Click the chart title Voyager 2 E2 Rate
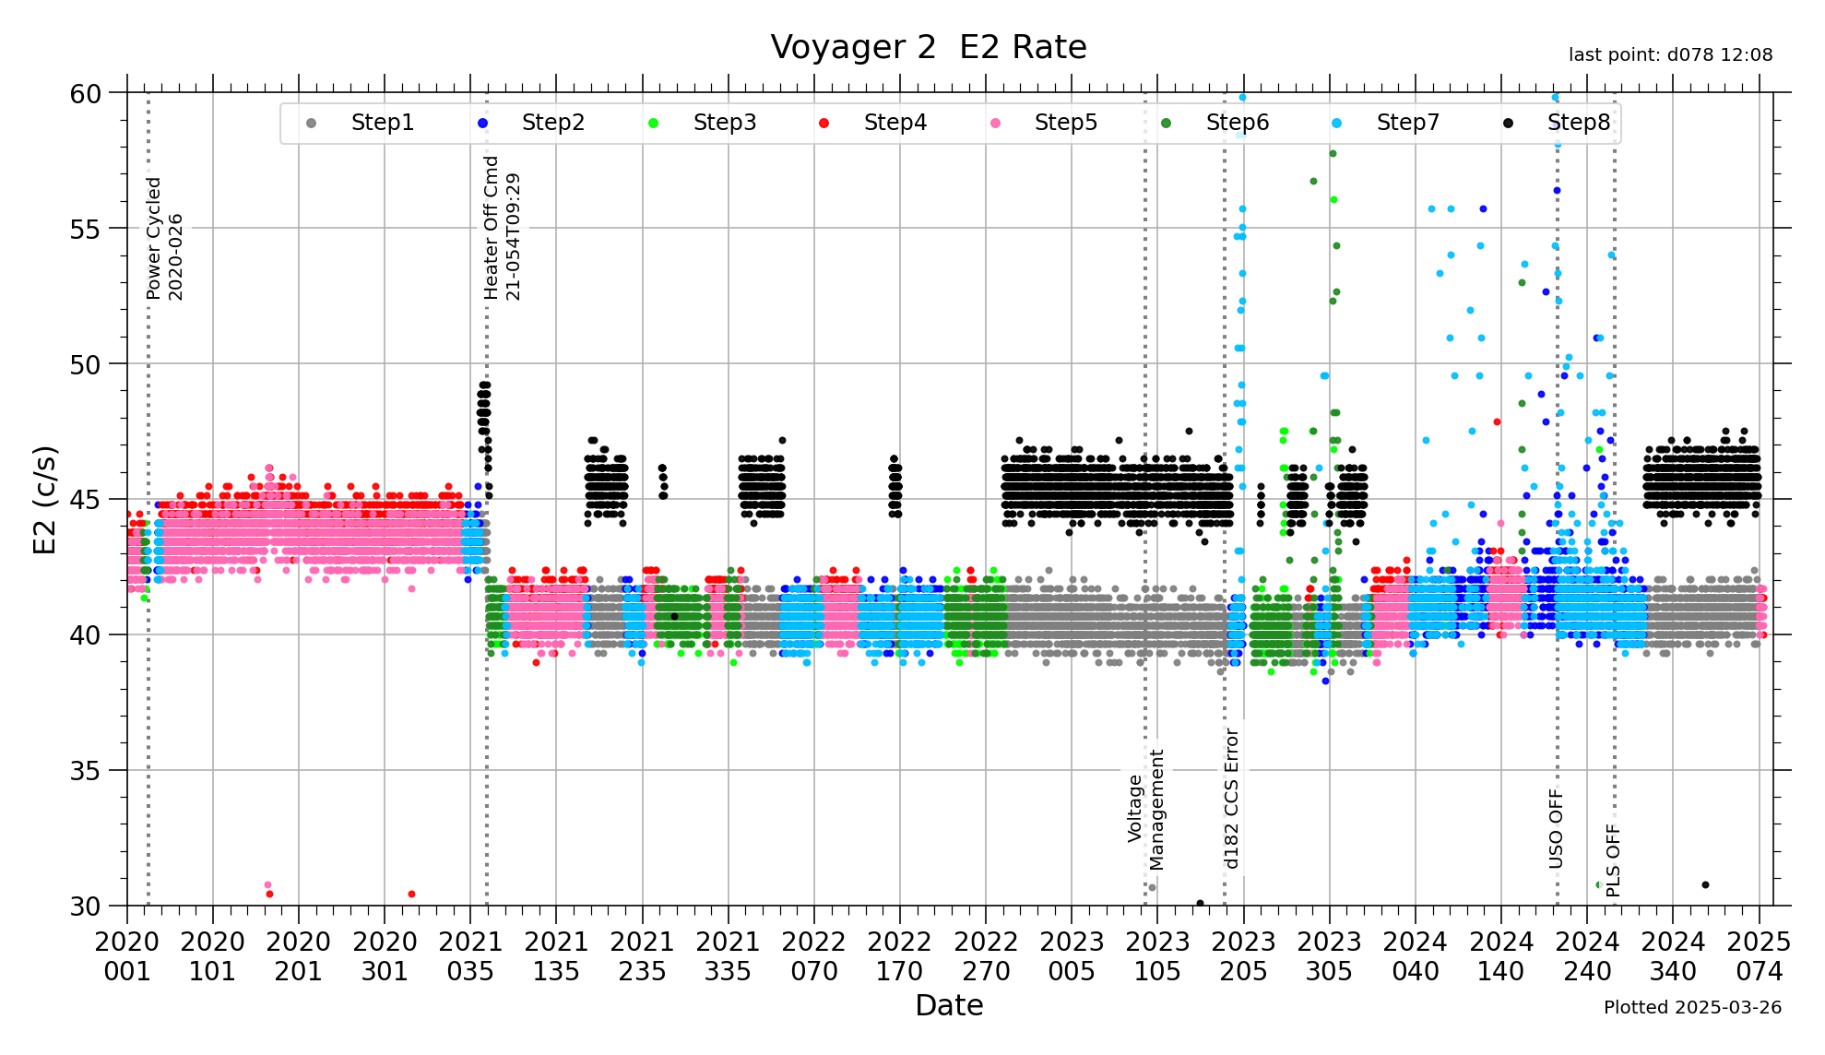click(x=929, y=47)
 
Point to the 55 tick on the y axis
click(x=85, y=229)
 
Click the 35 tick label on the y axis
click(x=85, y=771)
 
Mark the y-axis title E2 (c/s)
click(x=44, y=500)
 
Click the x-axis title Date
click(x=949, y=1005)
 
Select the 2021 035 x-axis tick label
click(x=470, y=956)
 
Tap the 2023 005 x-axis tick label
click(x=1072, y=956)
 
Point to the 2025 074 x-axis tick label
click(x=1760, y=956)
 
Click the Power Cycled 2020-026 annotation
click(x=165, y=238)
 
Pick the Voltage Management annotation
click(x=1146, y=809)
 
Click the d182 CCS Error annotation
click(x=1232, y=799)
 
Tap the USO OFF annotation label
click(x=1556, y=828)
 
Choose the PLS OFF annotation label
click(x=1613, y=860)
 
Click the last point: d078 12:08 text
click(x=1670, y=55)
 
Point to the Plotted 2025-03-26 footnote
click(x=1692, y=1008)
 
